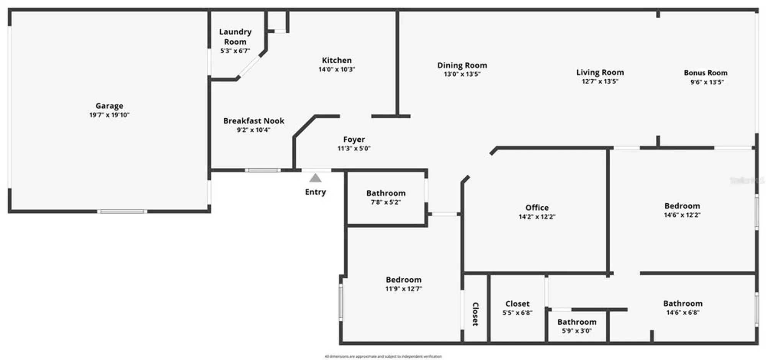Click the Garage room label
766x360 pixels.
click(109, 106)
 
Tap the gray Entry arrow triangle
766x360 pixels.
click(315, 178)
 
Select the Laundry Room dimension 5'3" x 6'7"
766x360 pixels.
click(235, 51)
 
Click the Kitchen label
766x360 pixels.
click(336, 60)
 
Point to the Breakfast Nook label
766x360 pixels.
click(254, 121)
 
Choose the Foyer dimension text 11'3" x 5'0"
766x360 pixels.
click(354, 148)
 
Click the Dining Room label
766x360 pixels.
click(462, 65)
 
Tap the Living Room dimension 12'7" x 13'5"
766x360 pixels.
click(600, 81)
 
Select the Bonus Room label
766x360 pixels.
click(705, 72)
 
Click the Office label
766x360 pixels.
click(537, 207)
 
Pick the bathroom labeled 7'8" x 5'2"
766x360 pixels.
click(385, 193)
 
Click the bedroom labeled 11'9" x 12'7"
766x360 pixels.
click(403, 280)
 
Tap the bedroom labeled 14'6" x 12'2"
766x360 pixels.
click(682, 206)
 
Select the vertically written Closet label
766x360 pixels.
click(475, 314)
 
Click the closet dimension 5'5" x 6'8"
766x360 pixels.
click(517, 313)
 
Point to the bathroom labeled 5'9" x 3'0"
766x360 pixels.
click(576, 322)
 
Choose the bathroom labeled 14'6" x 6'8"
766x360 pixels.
click(683, 303)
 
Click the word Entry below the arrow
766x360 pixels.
click(315, 192)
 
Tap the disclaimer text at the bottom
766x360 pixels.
click(383, 356)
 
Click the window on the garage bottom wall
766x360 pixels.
click(122, 211)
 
